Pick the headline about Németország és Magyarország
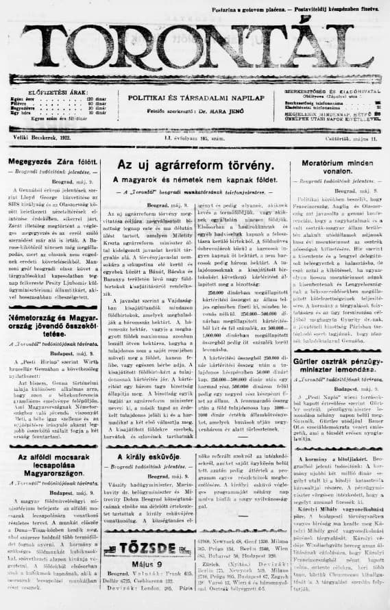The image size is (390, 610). pyautogui.click(x=51, y=323)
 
